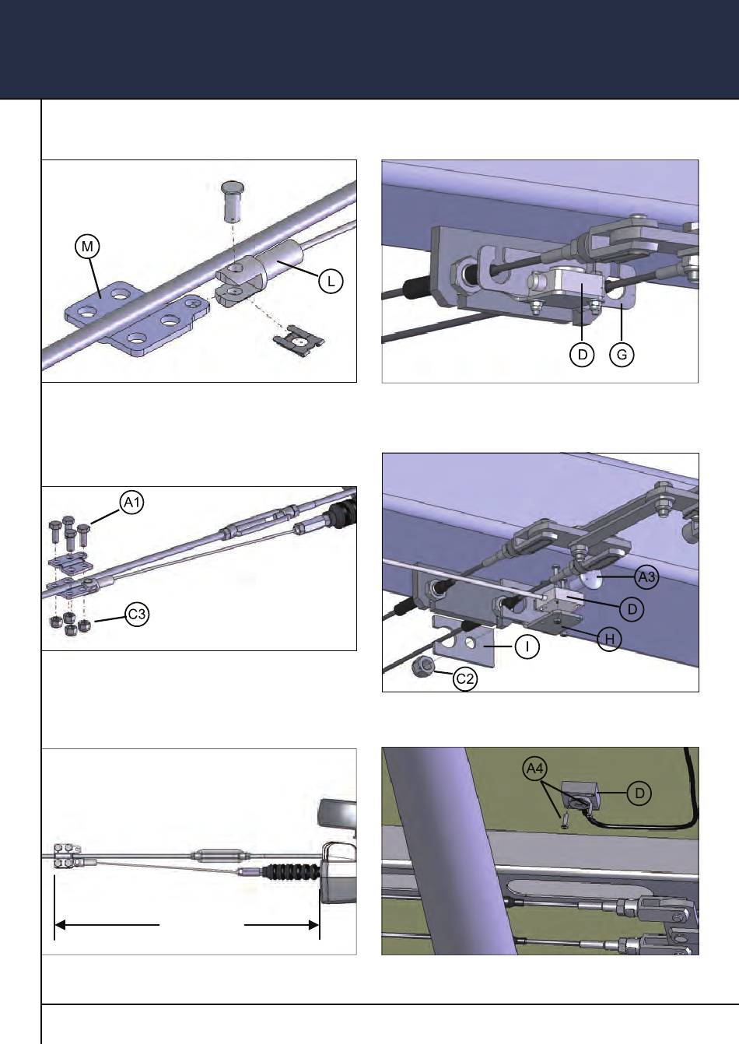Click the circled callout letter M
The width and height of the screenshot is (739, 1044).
(x=87, y=247)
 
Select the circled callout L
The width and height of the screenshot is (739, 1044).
(x=331, y=281)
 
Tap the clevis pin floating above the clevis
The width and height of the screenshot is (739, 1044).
(x=232, y=199)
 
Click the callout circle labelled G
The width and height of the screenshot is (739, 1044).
(x=622, y=355)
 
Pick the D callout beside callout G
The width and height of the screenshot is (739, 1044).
(x=581, y=355)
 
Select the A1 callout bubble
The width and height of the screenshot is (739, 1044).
(x=132, y=503)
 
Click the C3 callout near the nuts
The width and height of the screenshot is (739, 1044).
(x=138, y=615)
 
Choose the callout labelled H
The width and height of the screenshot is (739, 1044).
(x=609, y=639)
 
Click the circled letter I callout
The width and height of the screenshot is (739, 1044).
(x=527, y=647)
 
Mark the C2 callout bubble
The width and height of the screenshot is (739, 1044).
(x=464, y=678)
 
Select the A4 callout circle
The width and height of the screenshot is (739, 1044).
(x=534, y=769)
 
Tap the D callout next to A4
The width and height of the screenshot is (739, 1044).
(x=639, y=793)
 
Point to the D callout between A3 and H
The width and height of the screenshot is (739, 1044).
(x=632, y=609)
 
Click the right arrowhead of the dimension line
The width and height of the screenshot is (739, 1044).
(x=314, y=925)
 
